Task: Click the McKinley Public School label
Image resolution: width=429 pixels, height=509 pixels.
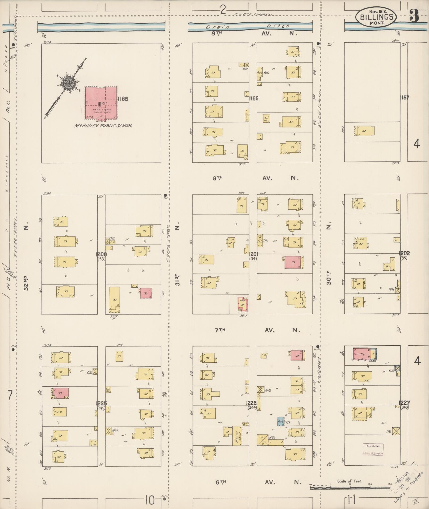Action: [x=103, y=126]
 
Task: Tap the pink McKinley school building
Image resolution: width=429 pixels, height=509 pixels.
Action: [x=101, y=102]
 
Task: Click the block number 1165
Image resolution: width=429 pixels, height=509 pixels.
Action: [x=123, y=99]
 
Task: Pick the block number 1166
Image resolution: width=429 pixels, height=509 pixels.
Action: [x=253, y=98]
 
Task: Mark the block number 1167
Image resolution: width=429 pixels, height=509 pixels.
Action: [x=404, y=98]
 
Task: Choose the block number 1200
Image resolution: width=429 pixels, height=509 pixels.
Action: [x=101, y=255]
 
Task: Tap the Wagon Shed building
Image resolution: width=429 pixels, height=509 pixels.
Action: [x=236, y=436]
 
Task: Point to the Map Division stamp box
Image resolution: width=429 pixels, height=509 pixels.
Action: [x=373, y=449]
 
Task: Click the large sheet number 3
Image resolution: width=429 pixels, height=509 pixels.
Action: [x=414, y=16]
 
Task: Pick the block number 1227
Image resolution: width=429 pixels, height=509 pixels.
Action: [x=404, y=403]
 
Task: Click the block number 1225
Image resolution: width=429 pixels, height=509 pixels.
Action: [x=101, y=403]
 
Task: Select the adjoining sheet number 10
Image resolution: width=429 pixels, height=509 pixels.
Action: [x=149, y=500]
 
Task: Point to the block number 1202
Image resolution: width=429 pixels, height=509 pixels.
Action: [x=404, y=253]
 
